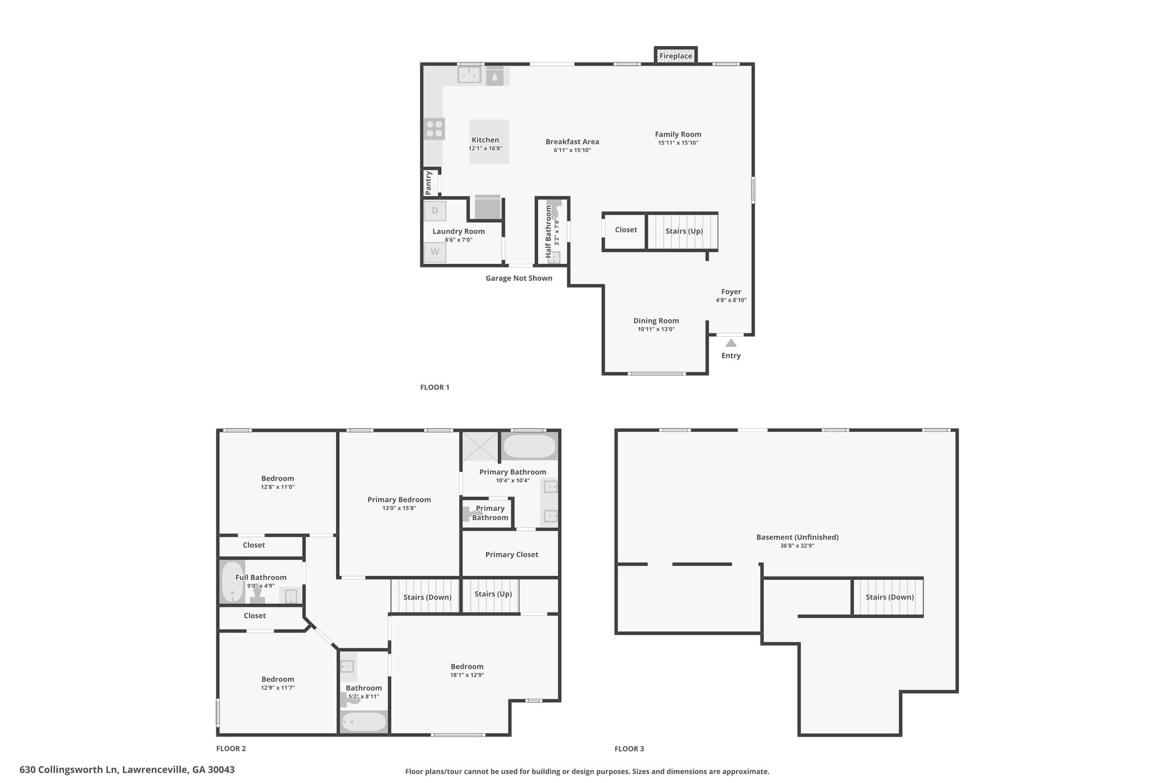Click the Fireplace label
(675, 56)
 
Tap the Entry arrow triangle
(731, 343)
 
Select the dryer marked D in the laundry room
(435, 211)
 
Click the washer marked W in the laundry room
(435, 252)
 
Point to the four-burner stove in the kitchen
(434, 129)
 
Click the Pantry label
(429, 183)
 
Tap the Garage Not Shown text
(519, 278)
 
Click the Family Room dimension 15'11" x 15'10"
(678, 143)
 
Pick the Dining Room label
(656, 321)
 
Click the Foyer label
(731, 291)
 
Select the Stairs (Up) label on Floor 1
(684, 231)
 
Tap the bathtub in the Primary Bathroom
(529, 446)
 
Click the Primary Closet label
(512, 555)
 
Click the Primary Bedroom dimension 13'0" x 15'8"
(399, 508)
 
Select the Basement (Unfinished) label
(797, 537)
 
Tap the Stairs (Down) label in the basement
(890, 597)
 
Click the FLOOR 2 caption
(231, 749)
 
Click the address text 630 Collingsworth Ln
(69, 770)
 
